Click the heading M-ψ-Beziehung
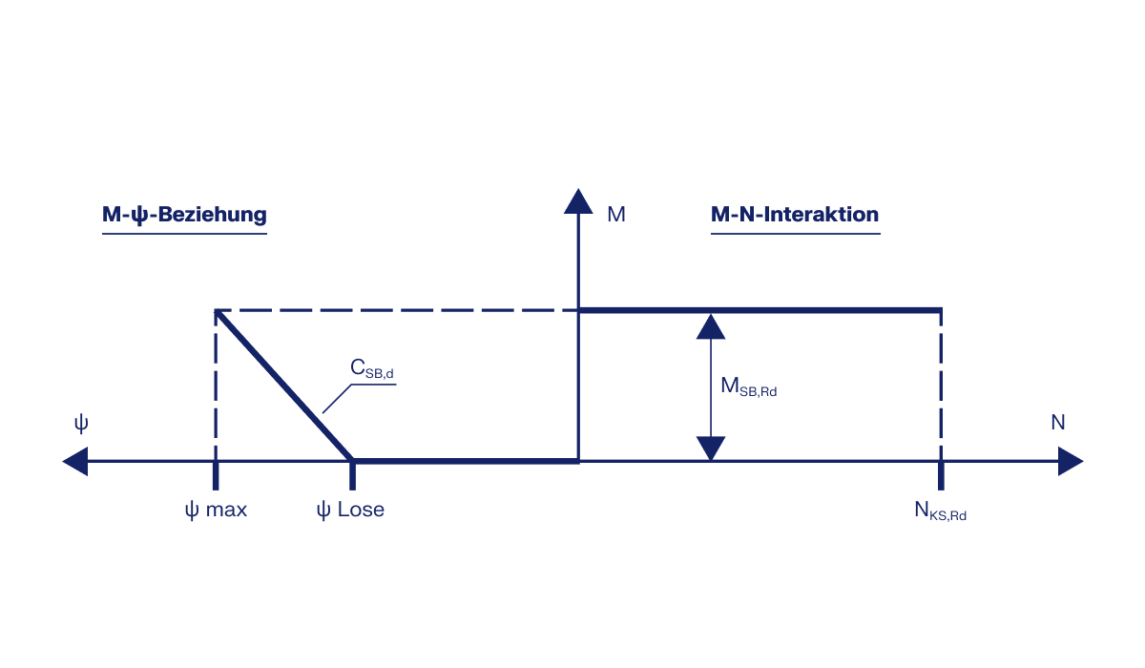point(184,215)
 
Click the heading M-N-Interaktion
point(794,215)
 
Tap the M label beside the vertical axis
point(616,215)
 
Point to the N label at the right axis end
point(1058,423)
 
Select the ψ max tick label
point(216,510)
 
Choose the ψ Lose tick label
point(350,510)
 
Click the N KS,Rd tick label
point(940,511)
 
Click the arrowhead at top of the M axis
point(578,201)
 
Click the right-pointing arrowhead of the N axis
point(1070,462)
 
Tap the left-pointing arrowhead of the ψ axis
point(75,462)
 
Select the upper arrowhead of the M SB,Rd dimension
point(711,326)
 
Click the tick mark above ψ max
point(216,474)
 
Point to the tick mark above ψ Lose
point(353,474)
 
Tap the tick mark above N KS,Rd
point(941,474)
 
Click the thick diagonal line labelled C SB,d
point(284,385)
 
